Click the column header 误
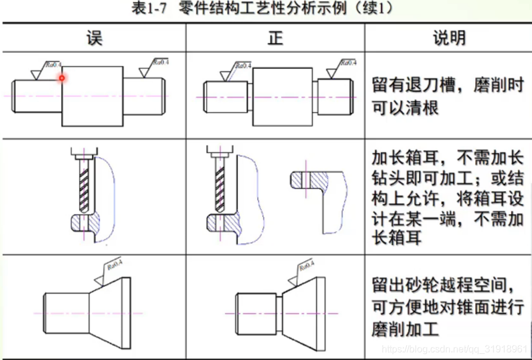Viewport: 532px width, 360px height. point(94,38)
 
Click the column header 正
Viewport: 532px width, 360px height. point(275,38)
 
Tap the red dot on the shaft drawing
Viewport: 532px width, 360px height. point(61,78)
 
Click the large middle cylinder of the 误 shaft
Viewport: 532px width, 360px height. point(93,96)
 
